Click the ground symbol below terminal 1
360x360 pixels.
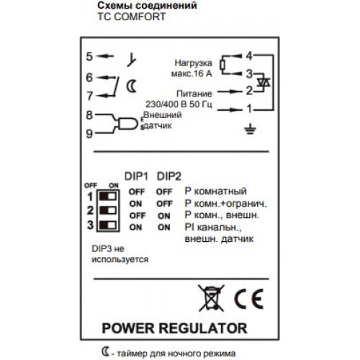250,129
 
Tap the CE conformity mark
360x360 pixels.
248,299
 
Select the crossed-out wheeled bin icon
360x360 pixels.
211,297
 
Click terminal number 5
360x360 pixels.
89,57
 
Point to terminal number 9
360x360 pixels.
89,134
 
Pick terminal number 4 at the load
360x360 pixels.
249,56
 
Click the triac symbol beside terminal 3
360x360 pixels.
264,83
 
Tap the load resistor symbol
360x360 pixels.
222,65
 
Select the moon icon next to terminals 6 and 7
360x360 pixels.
131,86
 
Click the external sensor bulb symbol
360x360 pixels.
127,124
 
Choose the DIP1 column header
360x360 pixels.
136,176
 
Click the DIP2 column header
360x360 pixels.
169,176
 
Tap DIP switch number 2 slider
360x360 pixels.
108,210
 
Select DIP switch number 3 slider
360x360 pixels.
108,225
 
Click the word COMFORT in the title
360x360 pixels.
140,17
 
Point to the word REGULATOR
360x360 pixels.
202,328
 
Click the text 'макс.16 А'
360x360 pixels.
192,73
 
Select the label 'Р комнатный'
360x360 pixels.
215,192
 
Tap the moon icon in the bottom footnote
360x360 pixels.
105,352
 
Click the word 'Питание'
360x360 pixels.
194,94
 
